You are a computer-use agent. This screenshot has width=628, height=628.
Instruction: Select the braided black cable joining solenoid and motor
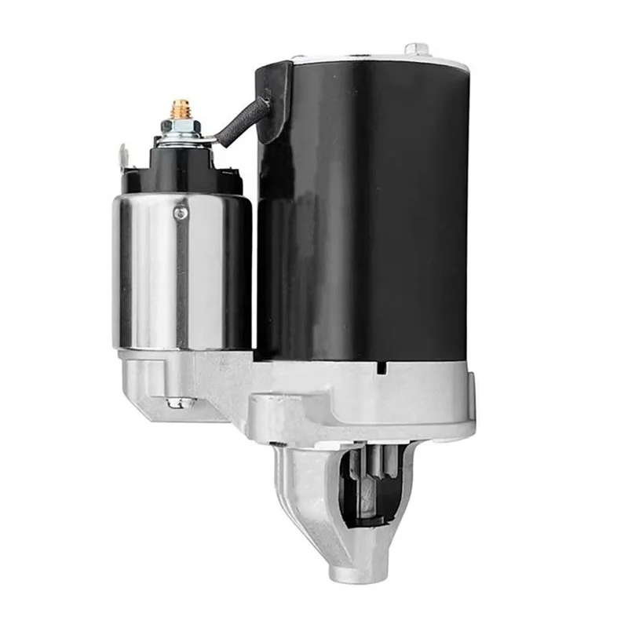point(239,123)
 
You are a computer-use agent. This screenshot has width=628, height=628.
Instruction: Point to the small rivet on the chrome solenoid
point(181,212)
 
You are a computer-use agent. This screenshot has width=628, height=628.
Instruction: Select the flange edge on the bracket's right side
point(469,400)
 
